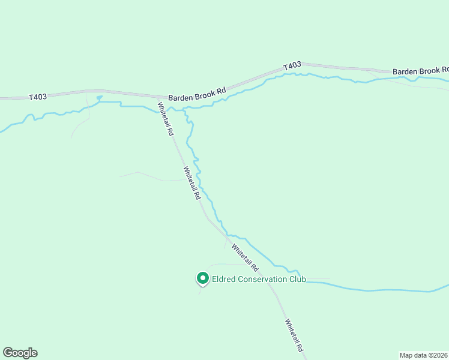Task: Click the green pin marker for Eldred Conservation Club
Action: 203,278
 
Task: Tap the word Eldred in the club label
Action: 224,279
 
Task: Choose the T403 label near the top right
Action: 292,66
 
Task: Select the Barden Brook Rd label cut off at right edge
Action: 420,71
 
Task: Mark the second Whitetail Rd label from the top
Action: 192,183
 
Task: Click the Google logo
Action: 20,353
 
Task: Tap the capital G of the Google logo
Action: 8,352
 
